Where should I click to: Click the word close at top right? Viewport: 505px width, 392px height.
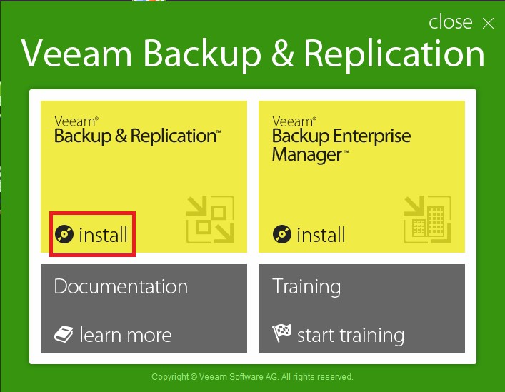450,22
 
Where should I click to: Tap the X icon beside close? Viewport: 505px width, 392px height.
488,23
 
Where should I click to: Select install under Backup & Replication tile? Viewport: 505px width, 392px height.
103,234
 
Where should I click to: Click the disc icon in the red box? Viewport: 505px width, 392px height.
64,234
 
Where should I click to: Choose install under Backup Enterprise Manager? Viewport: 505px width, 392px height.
321,234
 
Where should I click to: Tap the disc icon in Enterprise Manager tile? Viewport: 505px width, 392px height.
282,234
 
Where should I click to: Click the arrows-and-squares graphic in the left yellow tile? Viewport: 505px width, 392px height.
210,219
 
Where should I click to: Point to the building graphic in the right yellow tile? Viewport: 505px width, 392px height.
428,219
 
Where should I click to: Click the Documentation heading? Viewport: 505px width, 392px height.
121,287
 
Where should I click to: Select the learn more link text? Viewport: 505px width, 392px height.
126,335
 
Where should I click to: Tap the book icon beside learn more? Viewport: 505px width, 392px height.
64,334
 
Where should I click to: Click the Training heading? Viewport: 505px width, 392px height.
306,287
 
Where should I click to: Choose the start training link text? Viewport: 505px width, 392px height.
350,335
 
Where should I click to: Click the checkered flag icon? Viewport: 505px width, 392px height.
282,333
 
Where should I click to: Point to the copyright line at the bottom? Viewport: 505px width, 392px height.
252,376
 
